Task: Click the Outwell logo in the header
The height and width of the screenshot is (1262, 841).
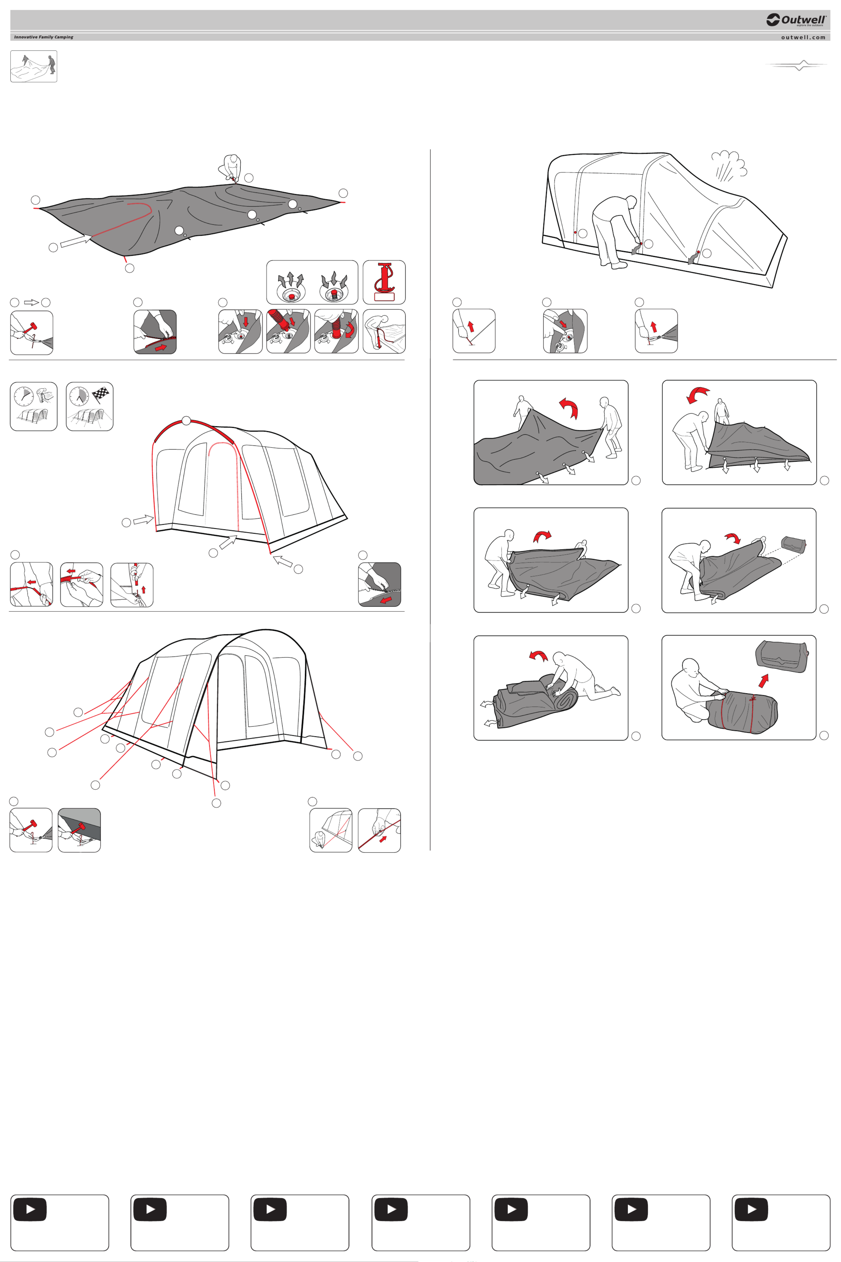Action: point(796,20)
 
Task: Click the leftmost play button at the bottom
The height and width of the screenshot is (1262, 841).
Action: point(30,1210)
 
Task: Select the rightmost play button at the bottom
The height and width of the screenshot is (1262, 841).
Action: point(751,1210)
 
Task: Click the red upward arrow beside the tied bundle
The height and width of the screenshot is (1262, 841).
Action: point(763,681)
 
